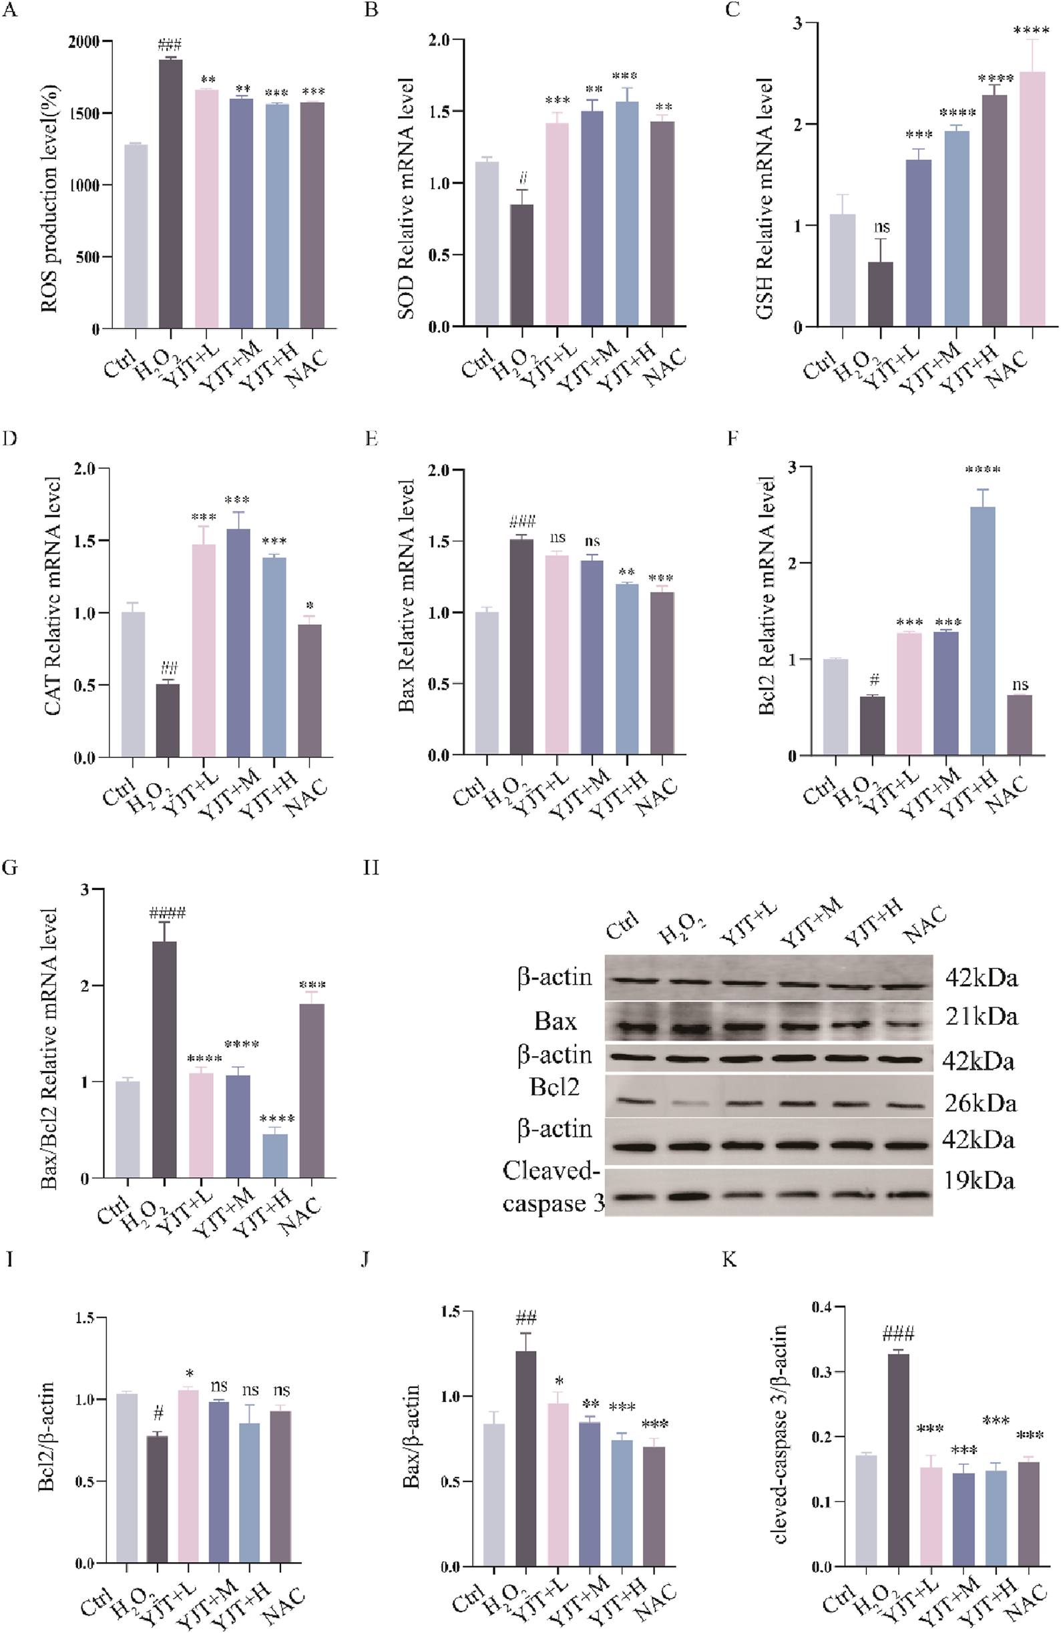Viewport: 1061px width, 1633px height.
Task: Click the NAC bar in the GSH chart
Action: point(1032,199)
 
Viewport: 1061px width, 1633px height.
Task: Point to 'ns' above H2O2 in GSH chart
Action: point(881,227)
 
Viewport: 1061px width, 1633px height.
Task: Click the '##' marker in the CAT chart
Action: point(169,668)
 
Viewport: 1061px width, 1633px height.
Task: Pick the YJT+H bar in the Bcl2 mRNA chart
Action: point(983,632)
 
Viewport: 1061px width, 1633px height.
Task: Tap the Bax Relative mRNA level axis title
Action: point(405,596)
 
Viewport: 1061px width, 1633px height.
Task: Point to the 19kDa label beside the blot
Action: point(979,1180)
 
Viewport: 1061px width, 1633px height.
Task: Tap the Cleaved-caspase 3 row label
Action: point(553,1187)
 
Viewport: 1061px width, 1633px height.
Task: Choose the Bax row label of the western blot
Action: point(556,1021)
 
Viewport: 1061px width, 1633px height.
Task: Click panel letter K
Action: point(730,1258)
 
